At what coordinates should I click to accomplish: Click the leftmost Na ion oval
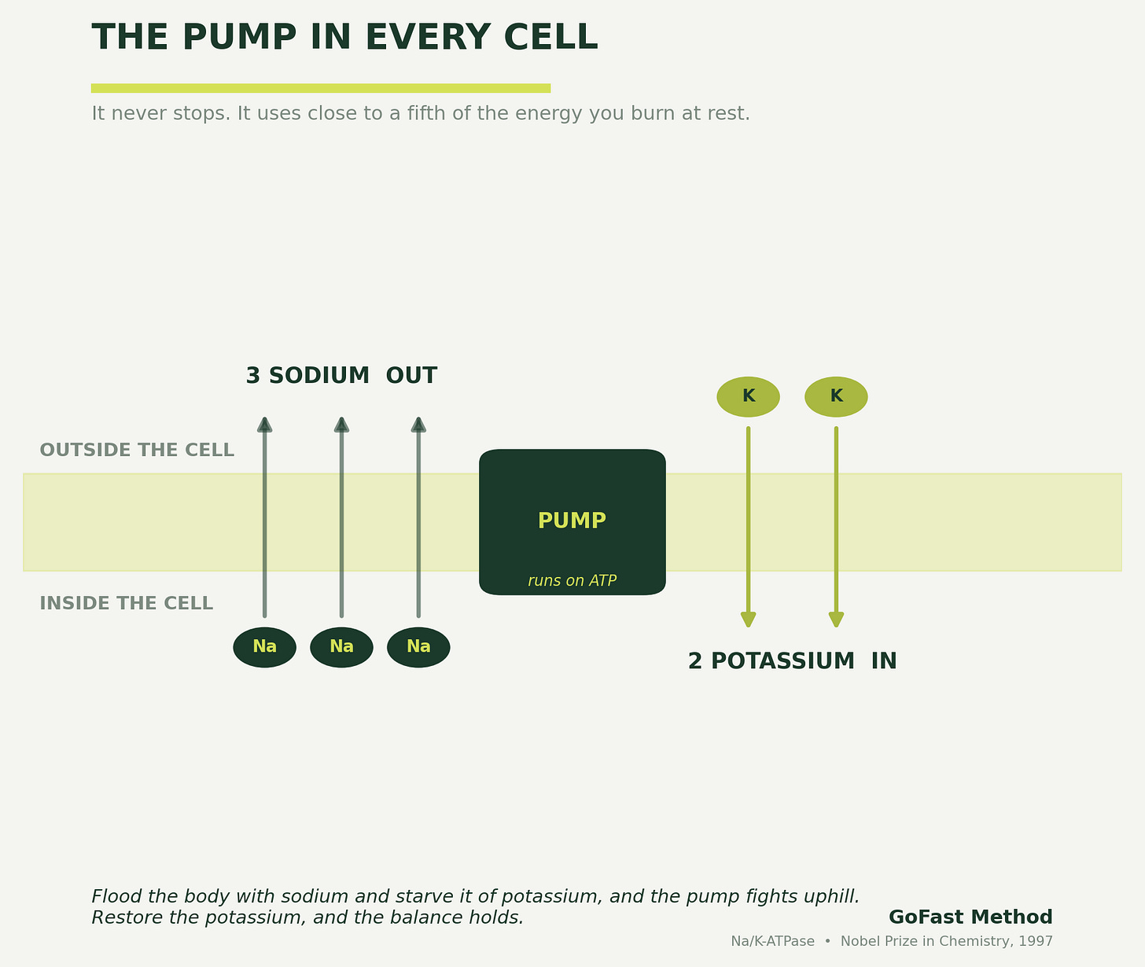264,647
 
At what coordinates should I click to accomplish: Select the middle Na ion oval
341,647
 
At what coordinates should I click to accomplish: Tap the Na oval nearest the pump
418,647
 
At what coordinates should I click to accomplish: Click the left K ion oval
748,397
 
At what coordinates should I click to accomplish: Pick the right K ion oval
836,397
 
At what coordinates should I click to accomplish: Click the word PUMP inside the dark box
572,520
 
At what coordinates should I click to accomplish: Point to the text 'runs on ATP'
572,580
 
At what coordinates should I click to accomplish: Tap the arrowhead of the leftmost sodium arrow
265,425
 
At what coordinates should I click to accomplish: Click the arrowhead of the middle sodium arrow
341,425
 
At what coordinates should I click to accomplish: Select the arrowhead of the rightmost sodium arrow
418,425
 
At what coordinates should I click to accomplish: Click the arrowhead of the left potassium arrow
748,620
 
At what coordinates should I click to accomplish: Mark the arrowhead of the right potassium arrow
836,620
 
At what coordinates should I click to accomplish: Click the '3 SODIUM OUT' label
341,376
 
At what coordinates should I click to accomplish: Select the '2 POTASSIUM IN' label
793,661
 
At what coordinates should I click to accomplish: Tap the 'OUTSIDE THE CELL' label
137,450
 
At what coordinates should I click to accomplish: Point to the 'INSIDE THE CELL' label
126,604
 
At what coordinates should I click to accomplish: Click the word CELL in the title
550,38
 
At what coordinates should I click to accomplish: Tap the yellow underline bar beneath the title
321,88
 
